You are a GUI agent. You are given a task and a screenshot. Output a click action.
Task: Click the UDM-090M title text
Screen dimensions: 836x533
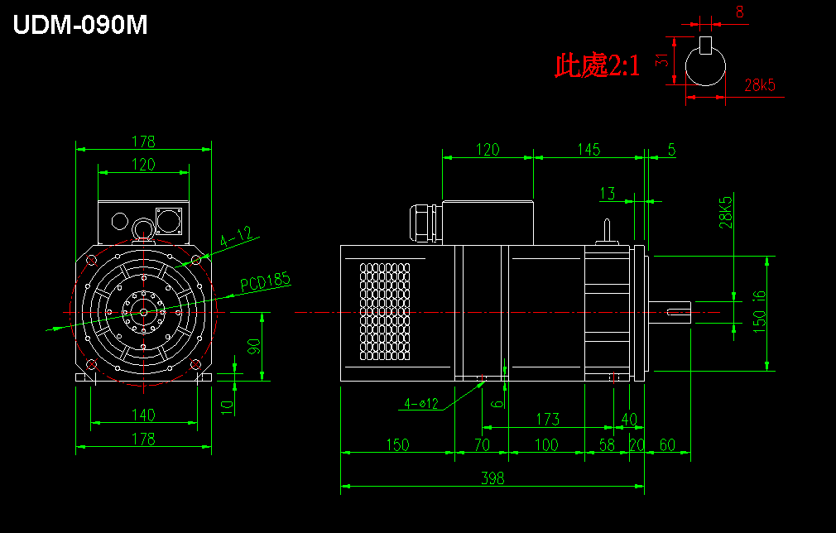coord(80,25)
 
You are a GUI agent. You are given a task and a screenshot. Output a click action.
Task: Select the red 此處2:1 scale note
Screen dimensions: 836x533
coord(597,65)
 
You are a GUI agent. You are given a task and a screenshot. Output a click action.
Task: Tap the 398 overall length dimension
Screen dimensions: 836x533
coord(492,478)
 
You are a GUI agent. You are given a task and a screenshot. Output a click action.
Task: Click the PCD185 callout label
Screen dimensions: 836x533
coord(265,281)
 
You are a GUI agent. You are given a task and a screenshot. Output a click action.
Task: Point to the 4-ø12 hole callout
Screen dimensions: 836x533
coord(421,404)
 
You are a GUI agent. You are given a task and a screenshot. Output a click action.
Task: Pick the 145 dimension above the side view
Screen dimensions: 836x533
coord(589,149)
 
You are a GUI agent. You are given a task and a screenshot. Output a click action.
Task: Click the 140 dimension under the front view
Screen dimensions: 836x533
coord(143,415)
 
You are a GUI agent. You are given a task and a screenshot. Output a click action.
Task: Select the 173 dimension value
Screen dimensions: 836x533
coord(548,419)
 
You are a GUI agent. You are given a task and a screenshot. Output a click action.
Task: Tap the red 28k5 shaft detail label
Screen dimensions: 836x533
coord(760,85)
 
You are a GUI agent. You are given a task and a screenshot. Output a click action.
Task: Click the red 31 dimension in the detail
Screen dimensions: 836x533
coord(661,60)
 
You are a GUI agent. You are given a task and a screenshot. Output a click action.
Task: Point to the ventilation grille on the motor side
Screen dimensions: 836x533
coord(385,311)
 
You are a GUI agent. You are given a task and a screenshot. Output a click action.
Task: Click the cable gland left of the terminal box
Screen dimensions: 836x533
coord(423,223)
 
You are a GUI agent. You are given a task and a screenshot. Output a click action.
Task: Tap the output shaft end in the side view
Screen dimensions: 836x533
coord(670,312)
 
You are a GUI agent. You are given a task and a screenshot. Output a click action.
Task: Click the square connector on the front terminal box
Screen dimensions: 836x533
coord(169,221)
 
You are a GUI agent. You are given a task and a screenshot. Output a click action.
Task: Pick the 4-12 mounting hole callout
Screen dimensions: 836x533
coord(236,236)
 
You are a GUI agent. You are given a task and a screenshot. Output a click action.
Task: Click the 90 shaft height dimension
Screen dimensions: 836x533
coord(254,347)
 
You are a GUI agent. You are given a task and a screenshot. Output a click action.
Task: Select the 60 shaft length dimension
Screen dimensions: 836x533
coord(667,444)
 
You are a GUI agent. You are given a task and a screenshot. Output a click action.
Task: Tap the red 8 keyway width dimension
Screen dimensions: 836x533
coord(739,12)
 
